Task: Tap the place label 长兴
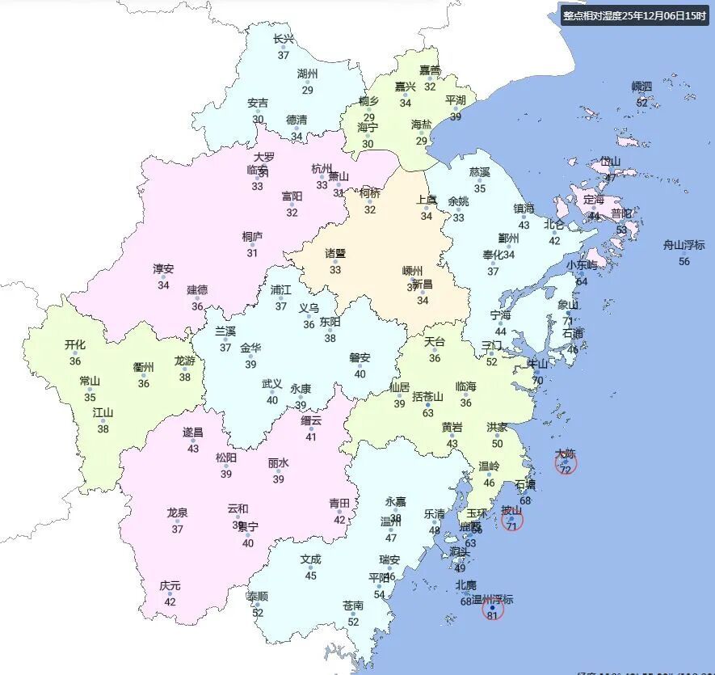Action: click(x=284, y=39)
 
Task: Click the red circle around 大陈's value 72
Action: click(x=566, y=463)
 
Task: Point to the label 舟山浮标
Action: click(x=684, y=245)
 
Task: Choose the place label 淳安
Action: click(x=163, y=269)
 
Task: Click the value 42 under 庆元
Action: click(x=170, y=601)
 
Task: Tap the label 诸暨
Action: click(x=335, y=253)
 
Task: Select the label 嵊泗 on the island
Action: click(x=641, y=86)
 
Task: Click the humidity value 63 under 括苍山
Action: click(x=428, y=413)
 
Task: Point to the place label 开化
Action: click(x=75, y=344)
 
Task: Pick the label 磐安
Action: click(x=360, y=357)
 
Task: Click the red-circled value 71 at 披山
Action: click(x=511, y=526)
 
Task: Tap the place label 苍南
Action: click(x=353, y=605)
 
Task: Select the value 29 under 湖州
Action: click(x=308, y=90)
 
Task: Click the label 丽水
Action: click(x=279, y=463)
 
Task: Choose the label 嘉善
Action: click(x=430, y=70)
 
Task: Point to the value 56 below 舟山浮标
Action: click(x=684, y=261)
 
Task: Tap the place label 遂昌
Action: click(x=193, y=432)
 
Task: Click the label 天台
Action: click(x=435, y=342)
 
